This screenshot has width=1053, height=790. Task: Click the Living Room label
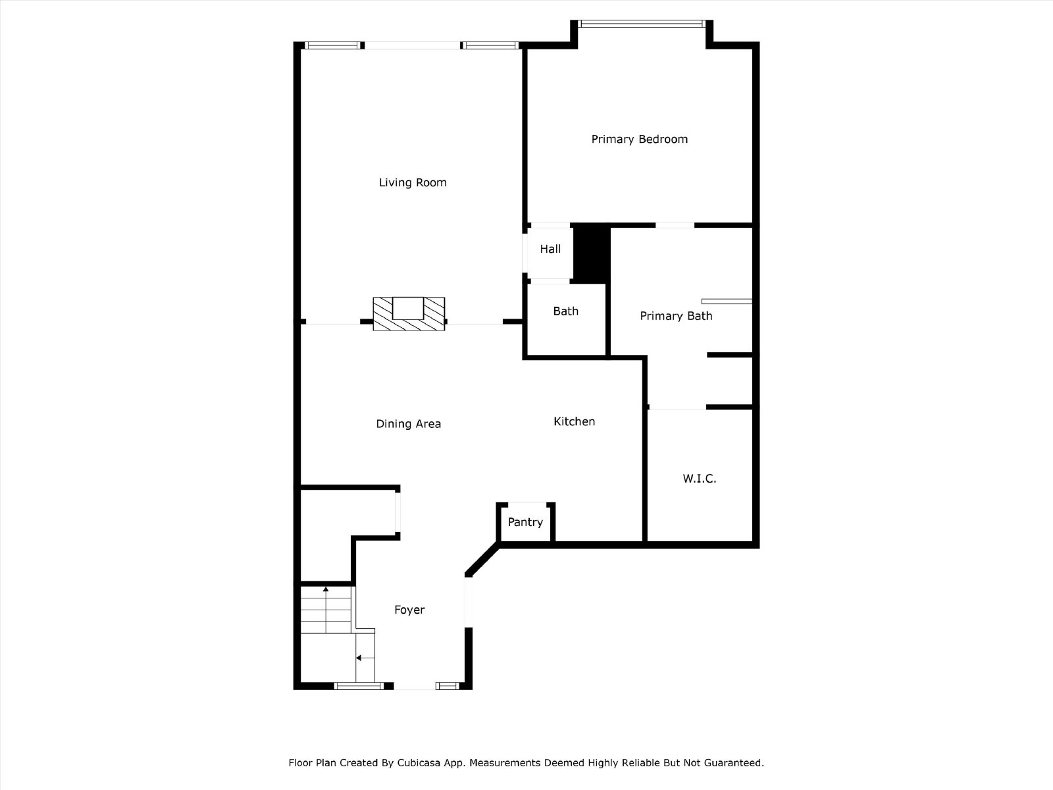tap(413, 182)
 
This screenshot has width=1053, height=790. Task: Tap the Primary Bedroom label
tap(640, 139)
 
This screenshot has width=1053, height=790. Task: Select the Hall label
tap(550, 249)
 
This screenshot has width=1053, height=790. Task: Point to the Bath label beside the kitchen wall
tap(565, 311)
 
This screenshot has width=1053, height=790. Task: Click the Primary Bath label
tap(676, 316)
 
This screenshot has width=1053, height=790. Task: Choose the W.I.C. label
tap(700, 478)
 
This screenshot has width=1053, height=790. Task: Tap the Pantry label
tap(525, 522)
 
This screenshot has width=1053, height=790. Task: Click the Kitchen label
tap(575, 421)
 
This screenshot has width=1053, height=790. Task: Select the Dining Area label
tap(408, 424)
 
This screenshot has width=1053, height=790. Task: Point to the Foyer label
tap(410, 610)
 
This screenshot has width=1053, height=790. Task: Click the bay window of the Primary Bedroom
tap(642, 24)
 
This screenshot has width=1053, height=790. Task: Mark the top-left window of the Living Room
tap(332, 45)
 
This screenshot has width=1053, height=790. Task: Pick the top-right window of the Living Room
tap(490, 45)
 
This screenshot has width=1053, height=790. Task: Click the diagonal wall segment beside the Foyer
tap(482, 559)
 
